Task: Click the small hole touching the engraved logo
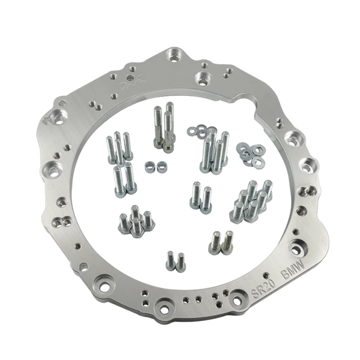pos(130,77)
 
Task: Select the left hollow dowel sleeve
pos(149,166)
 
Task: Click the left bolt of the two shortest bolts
pos(170,260)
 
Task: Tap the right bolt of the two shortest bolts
pos(181,262)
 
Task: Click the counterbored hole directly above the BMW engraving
pos(297,248)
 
